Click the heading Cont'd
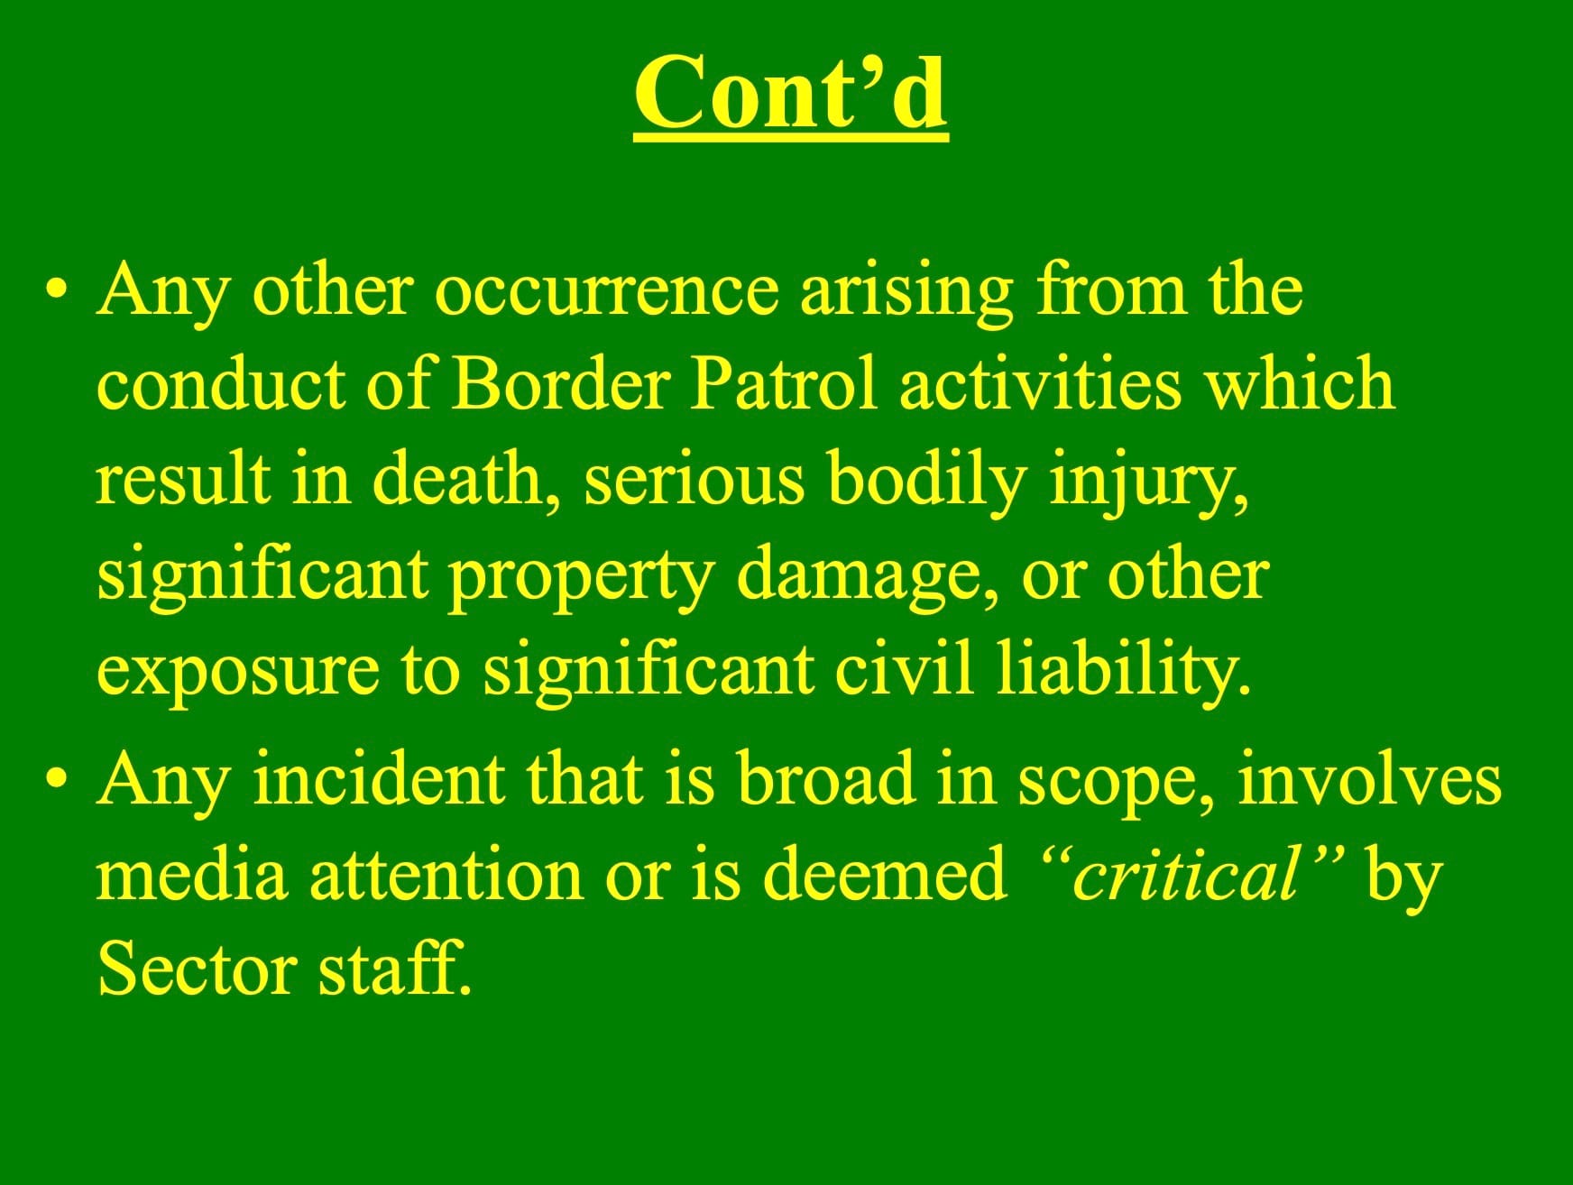tap(790, 92)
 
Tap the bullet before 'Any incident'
tap(59, 782)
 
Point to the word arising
tap(908, 292)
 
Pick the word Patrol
tap(783, 384)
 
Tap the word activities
tap(1040, 384)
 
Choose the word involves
tap(1369, 779)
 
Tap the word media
tap(193, 874)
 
